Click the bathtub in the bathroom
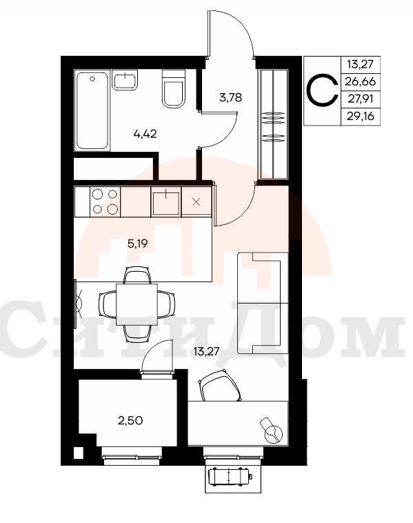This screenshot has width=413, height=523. [92, 110]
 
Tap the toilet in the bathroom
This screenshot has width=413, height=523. [173, 89]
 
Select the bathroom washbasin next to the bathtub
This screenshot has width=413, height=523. [125, 80]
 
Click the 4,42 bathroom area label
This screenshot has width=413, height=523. [145, 134]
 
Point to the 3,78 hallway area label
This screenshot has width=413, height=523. [230, 98]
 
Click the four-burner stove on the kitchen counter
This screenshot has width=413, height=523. [105, 201]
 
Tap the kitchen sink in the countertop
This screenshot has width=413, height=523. [166, 201]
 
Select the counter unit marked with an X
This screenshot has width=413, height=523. [197, 201]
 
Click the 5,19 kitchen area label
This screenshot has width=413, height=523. [137, 244]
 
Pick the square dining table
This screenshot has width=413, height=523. [137, 304]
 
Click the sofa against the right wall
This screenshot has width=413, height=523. [263, 303]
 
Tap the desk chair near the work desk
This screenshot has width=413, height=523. [220, 386]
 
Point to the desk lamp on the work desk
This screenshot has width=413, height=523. [272, 431]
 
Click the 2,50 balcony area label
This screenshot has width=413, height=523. [130, 421]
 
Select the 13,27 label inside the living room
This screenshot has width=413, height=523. [206, 351]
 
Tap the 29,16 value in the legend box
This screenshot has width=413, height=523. [361, 117]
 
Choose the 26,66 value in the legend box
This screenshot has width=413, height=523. [361, 81]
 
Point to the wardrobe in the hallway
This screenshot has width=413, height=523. [274, 124]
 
